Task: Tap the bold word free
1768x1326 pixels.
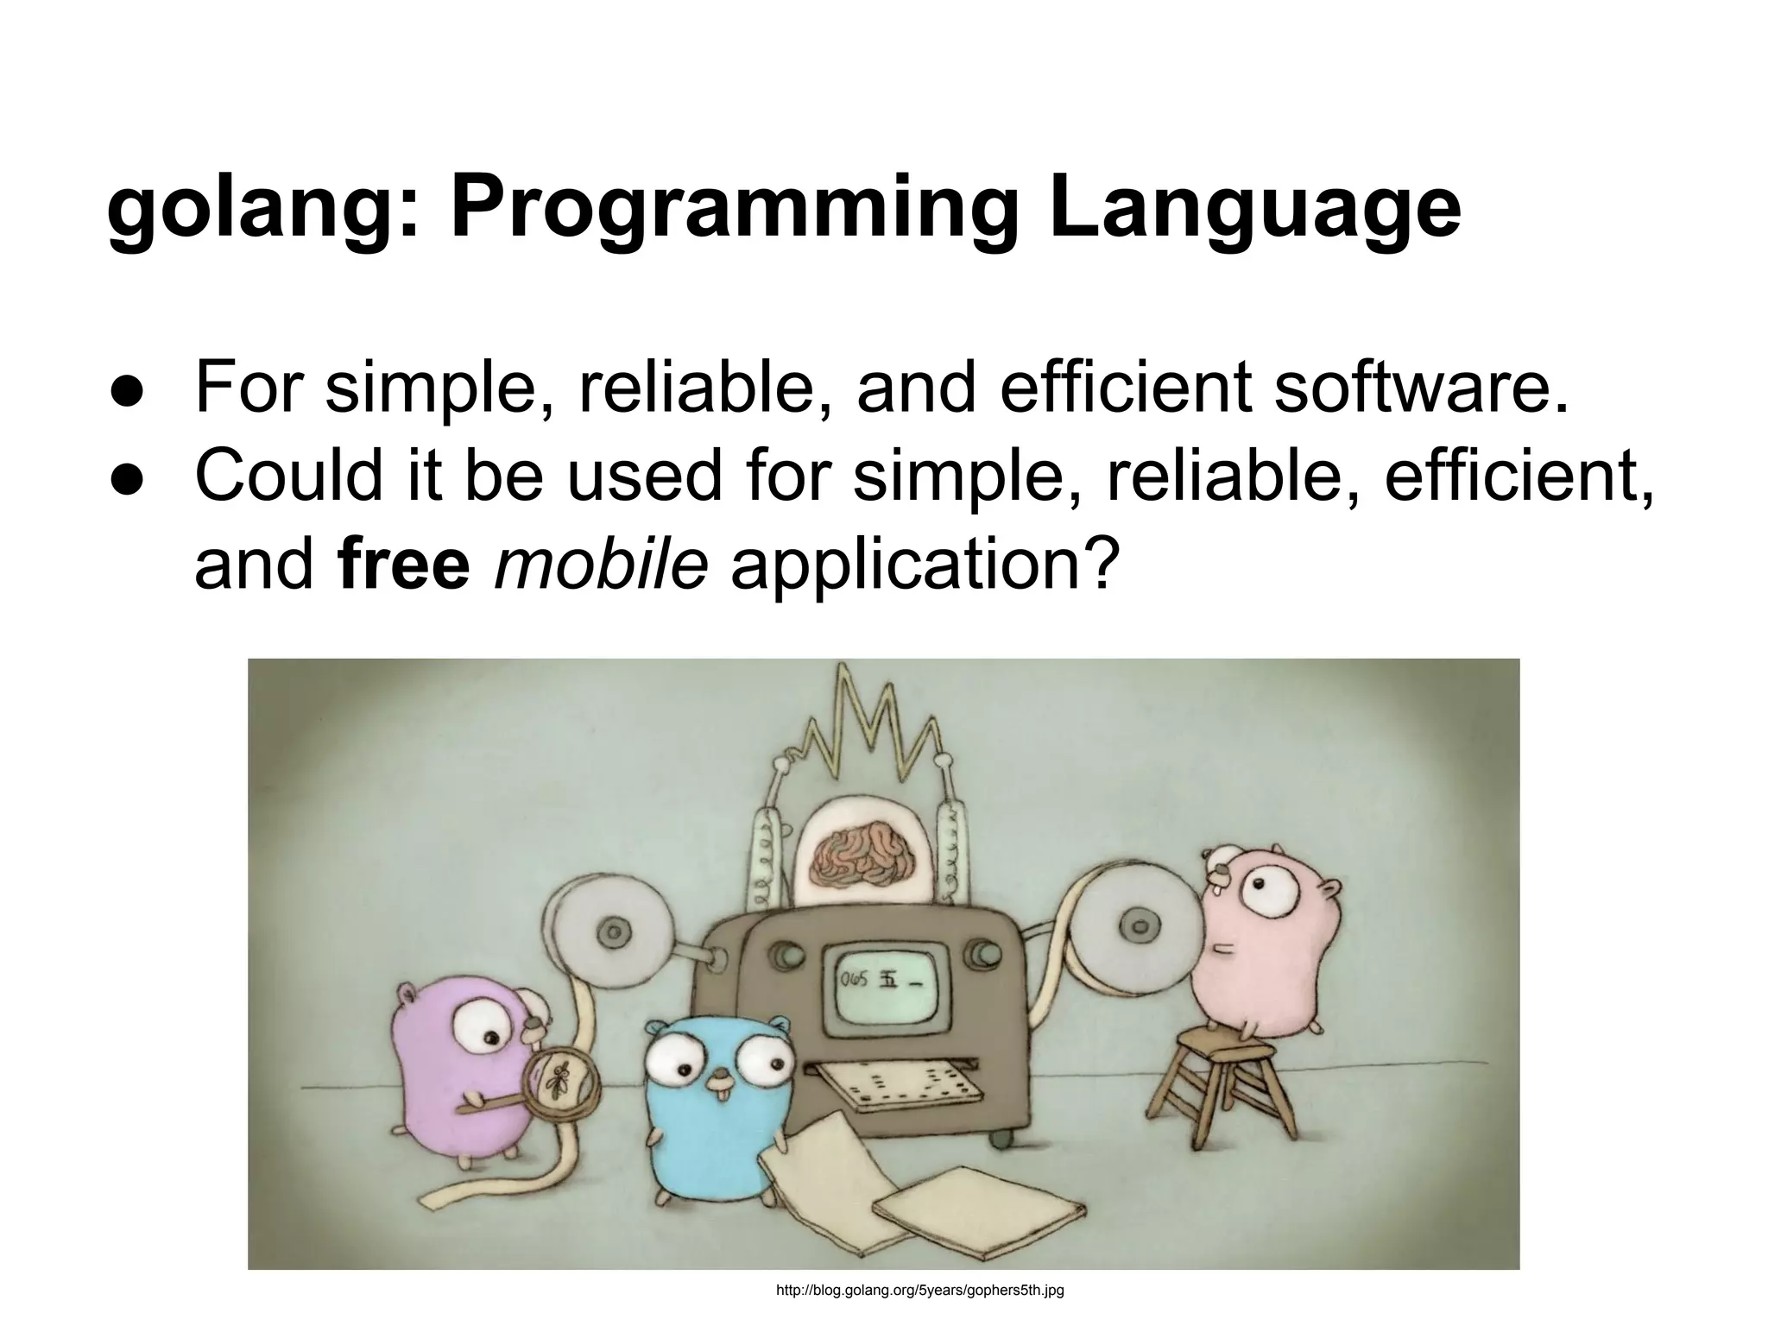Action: pos(405,566)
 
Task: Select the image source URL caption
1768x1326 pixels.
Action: pos(920,1291)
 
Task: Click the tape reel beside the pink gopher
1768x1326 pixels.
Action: pos(1131,928)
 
